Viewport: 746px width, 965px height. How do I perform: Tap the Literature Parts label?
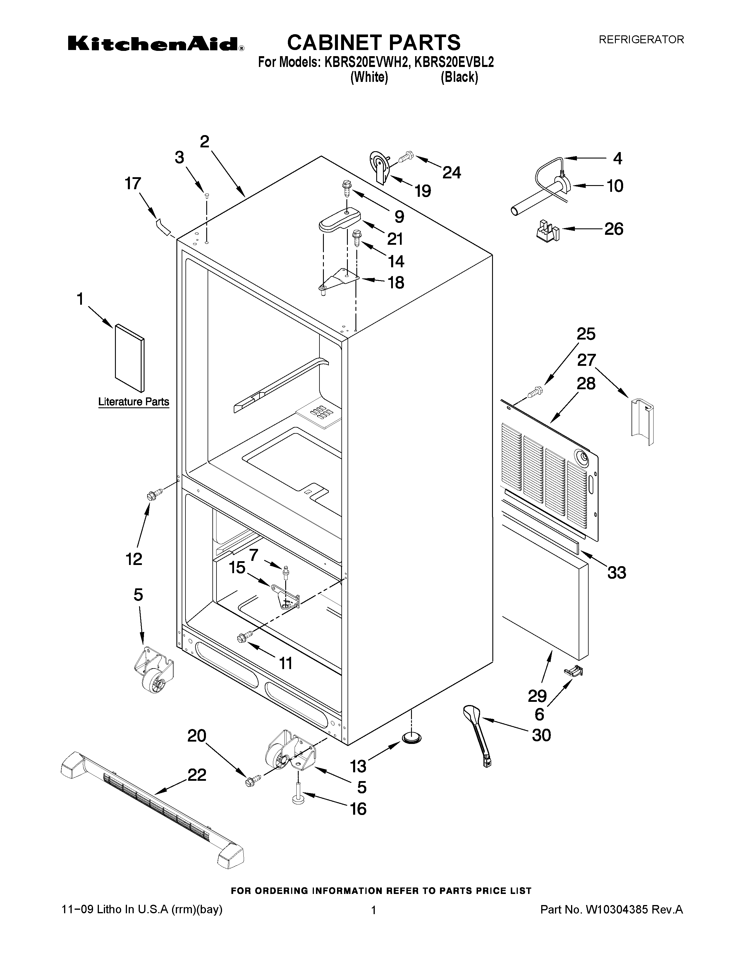point(133,401)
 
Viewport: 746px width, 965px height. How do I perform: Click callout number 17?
point(133,183)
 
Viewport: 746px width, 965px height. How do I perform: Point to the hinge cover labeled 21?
point(339,220)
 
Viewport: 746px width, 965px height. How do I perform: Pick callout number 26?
point(614,229)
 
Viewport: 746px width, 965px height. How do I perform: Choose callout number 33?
point(616,573)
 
